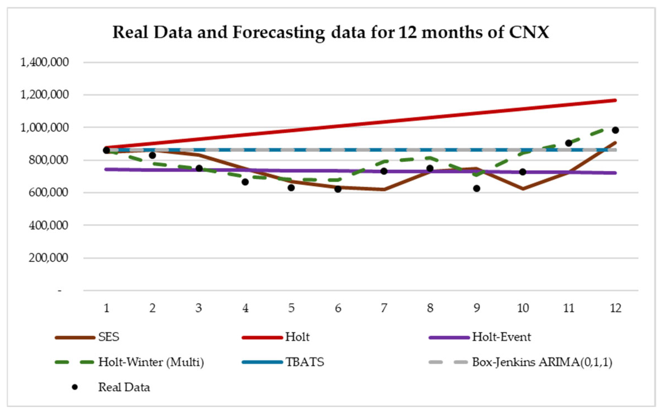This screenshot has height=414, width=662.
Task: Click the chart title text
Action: [330, 32]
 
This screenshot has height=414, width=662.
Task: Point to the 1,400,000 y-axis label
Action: [44, 62]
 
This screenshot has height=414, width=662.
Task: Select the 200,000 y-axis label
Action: [48, 258]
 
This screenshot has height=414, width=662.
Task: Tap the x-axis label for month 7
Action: [384, 308]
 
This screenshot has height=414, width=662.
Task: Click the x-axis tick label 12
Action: [615, 308]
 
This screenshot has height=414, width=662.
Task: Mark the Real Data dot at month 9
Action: [476, 189]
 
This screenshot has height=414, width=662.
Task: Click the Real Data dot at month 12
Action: [615, 130]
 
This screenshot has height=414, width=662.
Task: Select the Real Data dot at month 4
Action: [245, 182]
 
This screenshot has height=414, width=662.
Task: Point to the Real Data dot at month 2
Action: [153, 155]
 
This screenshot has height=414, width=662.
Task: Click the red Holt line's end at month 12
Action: [615, 100]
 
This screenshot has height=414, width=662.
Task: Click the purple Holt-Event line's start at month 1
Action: [106, 169]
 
